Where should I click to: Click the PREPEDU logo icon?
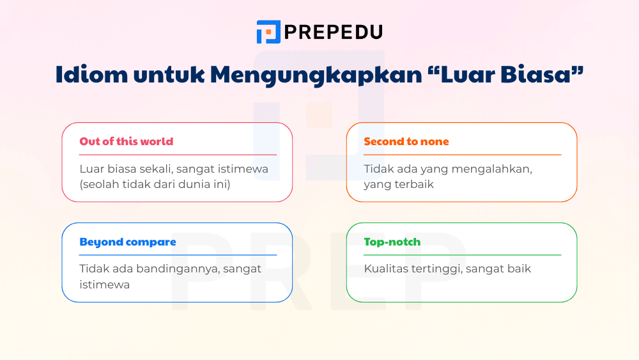(268, 31)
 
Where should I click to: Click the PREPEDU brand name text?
(333, 31)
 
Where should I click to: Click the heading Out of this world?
(126, 141)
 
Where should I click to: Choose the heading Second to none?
(406, 141)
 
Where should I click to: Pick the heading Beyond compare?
(127, 242)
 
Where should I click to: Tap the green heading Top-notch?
(392, 242)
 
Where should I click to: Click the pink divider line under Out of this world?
(178, 155)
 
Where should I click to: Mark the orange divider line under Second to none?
(462, 155)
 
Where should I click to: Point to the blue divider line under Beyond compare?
(178, 255)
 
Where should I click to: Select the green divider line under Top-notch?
(462, 255)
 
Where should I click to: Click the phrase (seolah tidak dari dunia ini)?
(155, 184)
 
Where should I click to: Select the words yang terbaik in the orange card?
(399, 184)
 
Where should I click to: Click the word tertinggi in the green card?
(438, 269)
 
